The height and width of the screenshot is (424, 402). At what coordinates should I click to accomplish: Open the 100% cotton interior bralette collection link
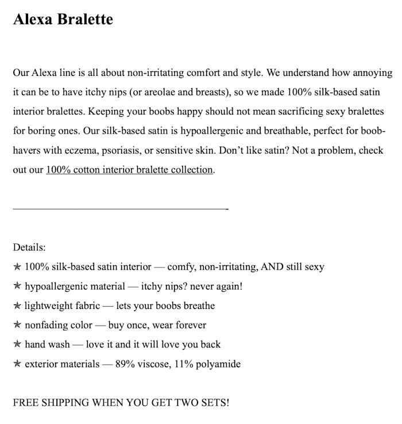point(129,170)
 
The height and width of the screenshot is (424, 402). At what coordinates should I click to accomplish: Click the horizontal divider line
point(120,208)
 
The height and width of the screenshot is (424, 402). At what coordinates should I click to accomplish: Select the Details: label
point(29,247)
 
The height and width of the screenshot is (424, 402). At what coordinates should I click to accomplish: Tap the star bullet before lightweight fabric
point(17,305)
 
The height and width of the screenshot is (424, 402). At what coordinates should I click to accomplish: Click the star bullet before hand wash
point(17,344)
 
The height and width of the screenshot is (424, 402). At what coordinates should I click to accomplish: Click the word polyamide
point(218,364)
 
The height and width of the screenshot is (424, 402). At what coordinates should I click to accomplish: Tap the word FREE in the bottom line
point(26,402)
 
